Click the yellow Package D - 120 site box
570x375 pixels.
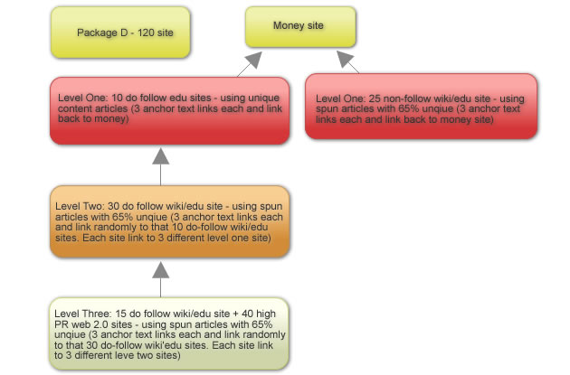pos(120,33)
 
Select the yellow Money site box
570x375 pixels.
pos(300,27)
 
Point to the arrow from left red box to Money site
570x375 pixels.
pos(250,64)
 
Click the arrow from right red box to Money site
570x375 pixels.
pos(348,62)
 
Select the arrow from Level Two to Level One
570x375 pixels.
pos(161,166)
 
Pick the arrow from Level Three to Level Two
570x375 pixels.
pos(161,280)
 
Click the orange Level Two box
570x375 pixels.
pos(170,221)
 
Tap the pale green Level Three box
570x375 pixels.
pos(169,334)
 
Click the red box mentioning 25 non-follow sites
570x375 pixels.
pos(421,107)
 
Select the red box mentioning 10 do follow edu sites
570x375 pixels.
pos(170,111)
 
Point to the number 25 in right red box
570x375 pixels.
pos(375,98)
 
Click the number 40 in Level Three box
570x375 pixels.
pos(248,314)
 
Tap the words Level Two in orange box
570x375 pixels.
pos(80,206)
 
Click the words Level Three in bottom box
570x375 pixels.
pos(83,314)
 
